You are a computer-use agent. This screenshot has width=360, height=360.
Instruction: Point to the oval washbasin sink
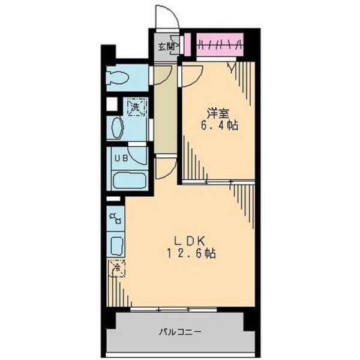pyautogui.click(x=116, y=128)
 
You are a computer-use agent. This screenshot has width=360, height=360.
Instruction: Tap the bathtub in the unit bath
pyautogui.click(x=129, y=179)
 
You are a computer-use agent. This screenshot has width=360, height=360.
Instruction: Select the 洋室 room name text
pyautogui.click(x=218, y=112)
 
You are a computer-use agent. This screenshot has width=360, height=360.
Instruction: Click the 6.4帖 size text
pyautogui.click(x=218, y=127)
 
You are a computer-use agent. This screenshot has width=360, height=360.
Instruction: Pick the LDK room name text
pyautogui.click(x=193, y=240)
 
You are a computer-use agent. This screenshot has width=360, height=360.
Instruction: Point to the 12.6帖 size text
pyautogui.click(x=193, y=253)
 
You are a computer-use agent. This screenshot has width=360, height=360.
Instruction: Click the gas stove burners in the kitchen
pyautogui.click(x=115, y=219)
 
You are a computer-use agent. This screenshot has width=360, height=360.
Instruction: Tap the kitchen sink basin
pyautogui.click(x=116, y=245)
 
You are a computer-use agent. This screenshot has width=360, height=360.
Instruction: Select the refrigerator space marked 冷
pyautogui.click(x=117, y=268)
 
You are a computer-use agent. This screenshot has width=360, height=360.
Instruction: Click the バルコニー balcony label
pyautogui.click(x=180, y=331)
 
